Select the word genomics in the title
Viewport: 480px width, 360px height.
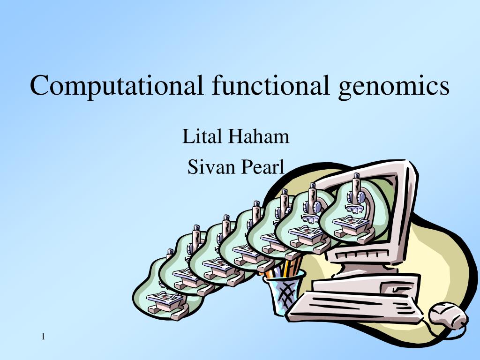394,86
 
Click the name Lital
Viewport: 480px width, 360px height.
202,137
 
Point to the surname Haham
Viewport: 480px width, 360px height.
259,137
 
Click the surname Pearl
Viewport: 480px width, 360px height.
262,166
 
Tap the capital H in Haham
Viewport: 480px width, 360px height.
235,137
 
